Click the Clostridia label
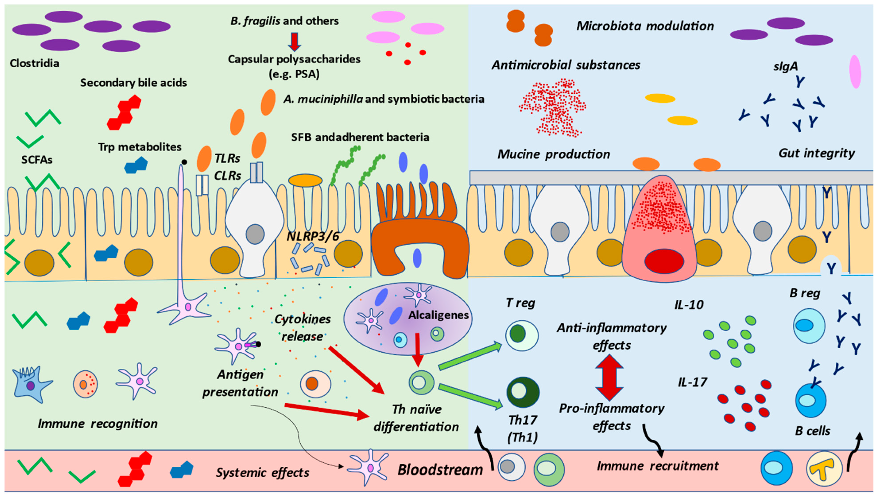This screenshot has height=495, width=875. point(34,63)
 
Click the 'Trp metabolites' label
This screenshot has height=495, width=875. point(140,147)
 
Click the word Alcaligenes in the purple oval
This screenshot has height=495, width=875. point(438,315)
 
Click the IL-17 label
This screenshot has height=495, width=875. point(692,383)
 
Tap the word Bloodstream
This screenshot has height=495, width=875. point(440,470)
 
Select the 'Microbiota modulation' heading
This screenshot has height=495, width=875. point(645,26)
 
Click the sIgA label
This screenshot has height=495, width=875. point(785,66)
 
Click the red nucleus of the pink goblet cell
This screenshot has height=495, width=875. point(664,261)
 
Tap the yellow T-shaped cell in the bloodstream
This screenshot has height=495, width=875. point(824,468)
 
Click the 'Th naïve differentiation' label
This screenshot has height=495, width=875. point(416,418)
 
